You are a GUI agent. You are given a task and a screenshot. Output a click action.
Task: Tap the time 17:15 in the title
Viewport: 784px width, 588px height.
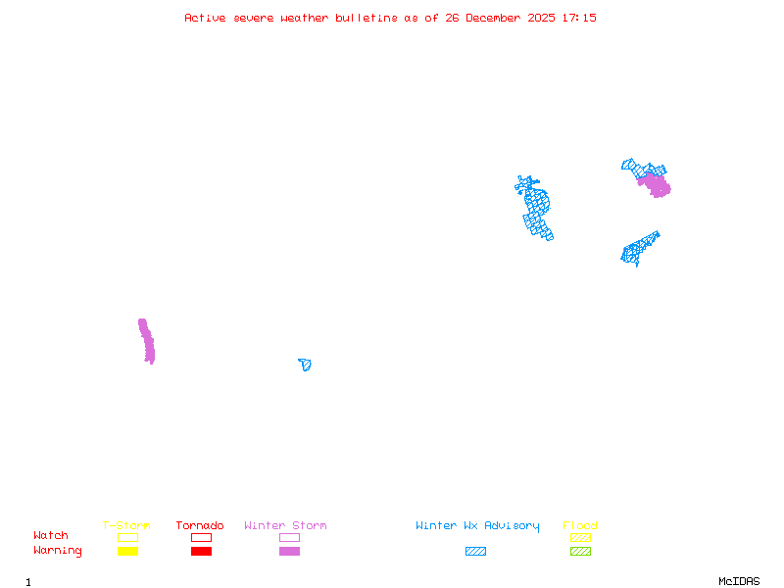click(578, 18)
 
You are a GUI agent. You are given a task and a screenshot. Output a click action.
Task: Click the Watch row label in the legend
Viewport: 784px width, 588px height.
click(51, 536)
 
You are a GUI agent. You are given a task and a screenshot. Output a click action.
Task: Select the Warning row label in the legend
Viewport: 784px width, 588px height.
click(58, 551)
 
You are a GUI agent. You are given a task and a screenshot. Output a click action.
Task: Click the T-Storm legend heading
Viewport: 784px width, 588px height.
click(126, 526)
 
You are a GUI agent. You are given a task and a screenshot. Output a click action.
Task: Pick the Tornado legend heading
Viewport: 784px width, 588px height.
click(200, 526)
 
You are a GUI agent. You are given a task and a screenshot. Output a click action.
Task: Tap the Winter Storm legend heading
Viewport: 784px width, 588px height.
click(285, 526)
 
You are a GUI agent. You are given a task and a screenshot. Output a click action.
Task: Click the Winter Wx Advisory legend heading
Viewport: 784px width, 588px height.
click(477, 526)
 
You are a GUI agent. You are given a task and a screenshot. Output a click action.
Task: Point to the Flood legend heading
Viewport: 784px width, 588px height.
click(580, 526)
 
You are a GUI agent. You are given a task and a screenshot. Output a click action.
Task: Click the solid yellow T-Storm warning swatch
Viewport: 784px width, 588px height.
click(127, 552)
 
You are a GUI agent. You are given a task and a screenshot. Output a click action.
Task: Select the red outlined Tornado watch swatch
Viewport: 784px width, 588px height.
click(201, 537)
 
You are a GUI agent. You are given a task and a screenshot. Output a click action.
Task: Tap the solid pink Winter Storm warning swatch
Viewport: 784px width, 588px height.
click(289, 552)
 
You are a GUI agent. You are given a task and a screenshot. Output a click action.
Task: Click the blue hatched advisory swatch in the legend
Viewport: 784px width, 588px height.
click(475, 552)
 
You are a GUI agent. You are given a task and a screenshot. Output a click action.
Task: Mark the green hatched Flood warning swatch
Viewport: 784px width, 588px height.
click(580, 552)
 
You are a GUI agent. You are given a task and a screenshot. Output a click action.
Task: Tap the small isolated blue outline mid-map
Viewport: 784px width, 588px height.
click(306, 365)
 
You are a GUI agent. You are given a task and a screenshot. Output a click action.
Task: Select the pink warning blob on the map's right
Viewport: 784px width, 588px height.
click(655, 184)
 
